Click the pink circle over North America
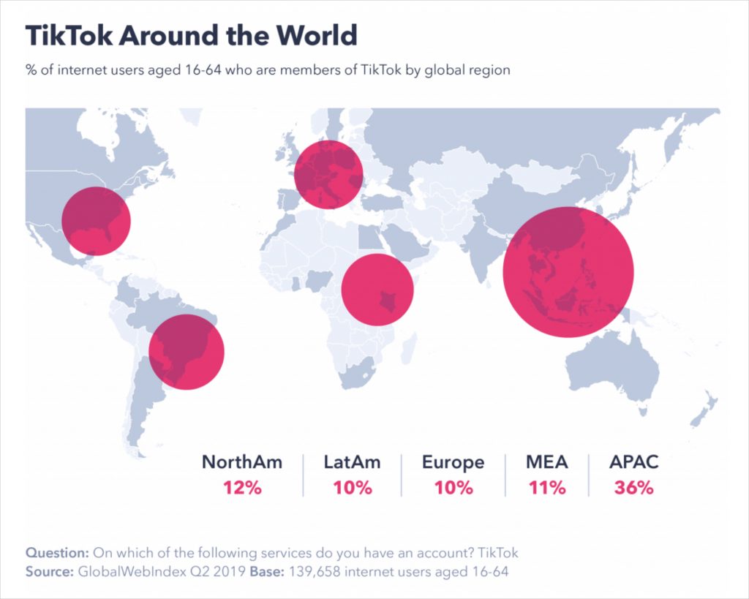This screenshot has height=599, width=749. click(96, 221)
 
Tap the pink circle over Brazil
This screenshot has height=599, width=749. click(187, 352)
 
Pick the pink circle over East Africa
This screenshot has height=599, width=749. click(377, 290)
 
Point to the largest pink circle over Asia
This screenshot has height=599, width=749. click(568, 272)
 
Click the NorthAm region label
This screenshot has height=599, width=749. click(242, 462)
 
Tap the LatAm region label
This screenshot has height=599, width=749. click(353, 462)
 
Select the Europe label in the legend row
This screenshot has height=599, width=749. click(453, 462)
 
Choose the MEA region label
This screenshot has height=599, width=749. click(547, 462)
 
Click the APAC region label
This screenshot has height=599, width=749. click(634, 462)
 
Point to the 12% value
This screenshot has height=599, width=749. click(242, 488)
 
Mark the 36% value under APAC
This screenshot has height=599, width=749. click(634, 488)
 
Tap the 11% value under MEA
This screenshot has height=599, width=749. click(547, 488)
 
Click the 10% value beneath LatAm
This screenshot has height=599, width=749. click(353, 488)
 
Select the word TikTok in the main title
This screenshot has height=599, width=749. click(65, 35)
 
